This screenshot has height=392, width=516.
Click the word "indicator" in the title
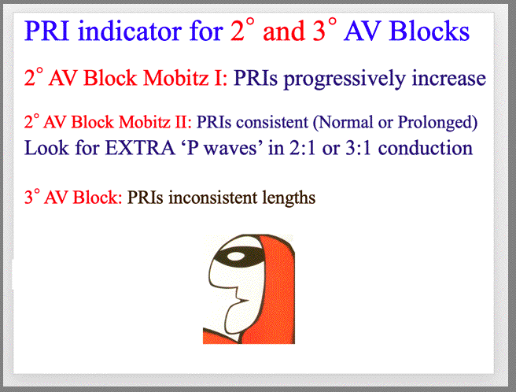(131, 31)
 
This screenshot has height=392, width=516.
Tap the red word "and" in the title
(284, 31)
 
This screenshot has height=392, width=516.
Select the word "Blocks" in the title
(429, 31)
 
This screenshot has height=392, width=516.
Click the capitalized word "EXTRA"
(139, 148)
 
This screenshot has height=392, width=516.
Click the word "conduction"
(426, 147)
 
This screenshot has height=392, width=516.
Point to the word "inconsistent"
(212, 198)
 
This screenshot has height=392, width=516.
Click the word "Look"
(46, 147)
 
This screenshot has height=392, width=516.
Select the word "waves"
(230, 149)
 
